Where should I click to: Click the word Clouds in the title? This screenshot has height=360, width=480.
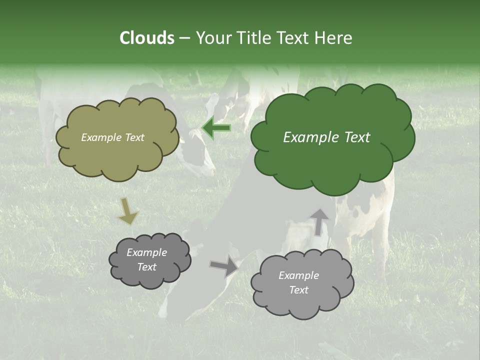[146, 37]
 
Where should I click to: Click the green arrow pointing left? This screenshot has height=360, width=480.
[216, 128]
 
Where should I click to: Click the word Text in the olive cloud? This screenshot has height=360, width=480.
[134, 137]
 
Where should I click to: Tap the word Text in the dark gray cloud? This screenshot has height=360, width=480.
[147, 267]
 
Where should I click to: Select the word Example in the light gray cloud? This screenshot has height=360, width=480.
[298, 275]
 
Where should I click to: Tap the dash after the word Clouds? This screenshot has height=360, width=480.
[184, 38]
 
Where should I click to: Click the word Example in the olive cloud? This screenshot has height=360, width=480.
[101, 137]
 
